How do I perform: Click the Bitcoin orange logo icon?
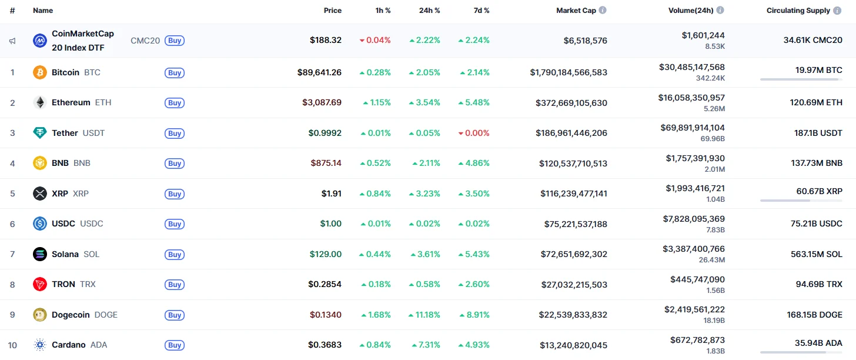pyautogui.click(x=40, y=72)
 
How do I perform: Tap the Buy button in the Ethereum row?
pyautogui.click(x=175, y=103)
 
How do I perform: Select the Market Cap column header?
pyautogui.click(x=576, y=11)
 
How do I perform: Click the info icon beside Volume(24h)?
pyautogui.click(x=720, y=11)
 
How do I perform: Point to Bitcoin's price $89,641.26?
pyautogui.click(x=319, y=72)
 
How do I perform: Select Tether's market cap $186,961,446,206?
pyautogui.click(x=571, y=133)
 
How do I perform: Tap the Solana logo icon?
pyautogui.click(x=40, y=254)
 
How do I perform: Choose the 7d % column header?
pyautogui.click(x=481, y=11)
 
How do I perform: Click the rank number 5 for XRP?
pyautogui.click(x=12, y=194)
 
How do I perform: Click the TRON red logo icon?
pyautogui.click(x=40, y=285)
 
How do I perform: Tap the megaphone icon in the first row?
pyautogui.click(x=12, y=41)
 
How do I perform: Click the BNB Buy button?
pyautogui.click(x=175, y=164)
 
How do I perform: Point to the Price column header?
pyautogui.click(x=332, y=11)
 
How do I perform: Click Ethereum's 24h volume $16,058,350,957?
pyautogui.click(x=691, y=98)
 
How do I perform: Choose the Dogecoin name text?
pyautogui.click(x=71, y=315)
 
